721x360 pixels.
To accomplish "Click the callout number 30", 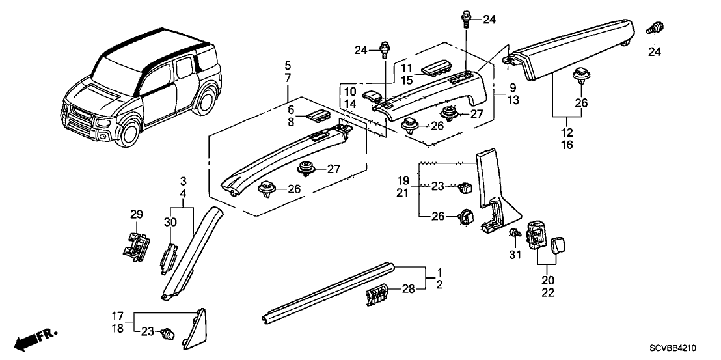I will point(170,222).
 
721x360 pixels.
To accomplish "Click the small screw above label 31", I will point(515,232).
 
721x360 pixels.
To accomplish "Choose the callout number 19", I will point(403,179).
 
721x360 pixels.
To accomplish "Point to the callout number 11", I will point(406,68).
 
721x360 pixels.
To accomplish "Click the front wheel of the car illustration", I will point(127,133).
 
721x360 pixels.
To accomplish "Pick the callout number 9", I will point(513,87).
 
